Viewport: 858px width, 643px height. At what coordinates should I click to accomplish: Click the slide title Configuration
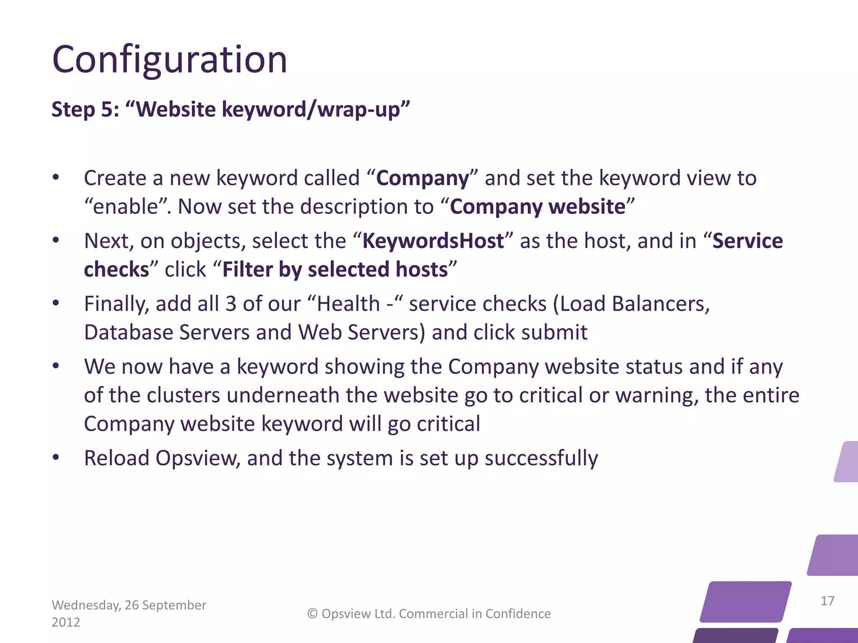[x=170, y=60]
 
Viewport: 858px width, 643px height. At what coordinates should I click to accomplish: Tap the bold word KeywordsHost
[x=433, y=241]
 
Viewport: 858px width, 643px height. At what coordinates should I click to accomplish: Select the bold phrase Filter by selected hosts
[x=335, y=270]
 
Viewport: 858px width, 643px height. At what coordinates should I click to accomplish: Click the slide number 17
[x=827, y=601]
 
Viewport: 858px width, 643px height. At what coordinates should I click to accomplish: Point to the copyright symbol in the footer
[x=313, y=614]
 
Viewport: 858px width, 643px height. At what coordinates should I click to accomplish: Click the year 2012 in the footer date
[x=66, y=622]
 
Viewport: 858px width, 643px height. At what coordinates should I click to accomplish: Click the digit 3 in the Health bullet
[x=231, y=304]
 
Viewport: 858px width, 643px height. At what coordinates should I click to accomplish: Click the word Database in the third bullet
[x=128, y=332]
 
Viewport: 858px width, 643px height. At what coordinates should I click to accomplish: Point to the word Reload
[x=116, y=458]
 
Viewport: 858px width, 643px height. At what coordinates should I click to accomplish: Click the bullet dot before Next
[x=56, y=240]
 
